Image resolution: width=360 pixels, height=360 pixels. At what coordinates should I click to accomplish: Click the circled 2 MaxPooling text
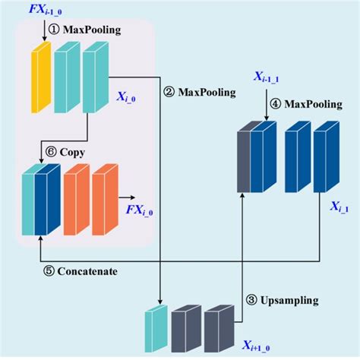(x=200, y=92)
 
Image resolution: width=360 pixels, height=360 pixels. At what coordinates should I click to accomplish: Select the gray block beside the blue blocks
(x=244, y=163)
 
